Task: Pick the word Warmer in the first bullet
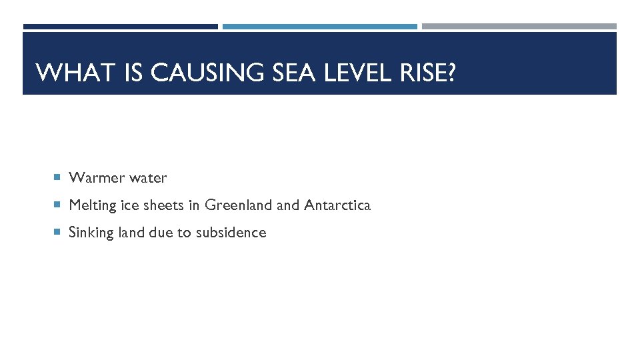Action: coord(97,178)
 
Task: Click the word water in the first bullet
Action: coord(148,178)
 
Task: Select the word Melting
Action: coord(93,205)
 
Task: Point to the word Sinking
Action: coord(91,233)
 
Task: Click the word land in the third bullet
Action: coord(131,233)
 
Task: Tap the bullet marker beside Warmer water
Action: coord(57,178)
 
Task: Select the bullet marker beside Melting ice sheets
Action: coord(57,205)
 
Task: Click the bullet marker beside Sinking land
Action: coord(57,233)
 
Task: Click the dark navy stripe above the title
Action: coord(120,27)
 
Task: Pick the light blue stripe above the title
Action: coord(319,27)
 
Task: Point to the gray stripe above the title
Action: coord(519,27)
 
